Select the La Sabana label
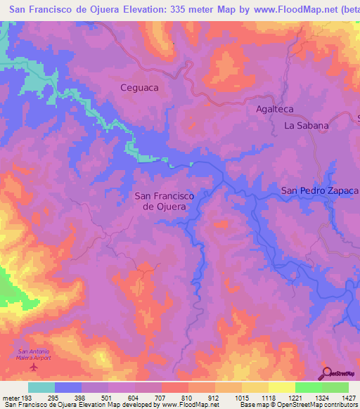click(306, 126)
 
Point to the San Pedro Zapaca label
click(320, 190)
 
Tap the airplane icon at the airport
click(33, 367)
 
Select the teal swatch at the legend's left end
click(41, 387)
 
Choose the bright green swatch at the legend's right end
click(335, 387)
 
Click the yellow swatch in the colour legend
click(281, 387)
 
